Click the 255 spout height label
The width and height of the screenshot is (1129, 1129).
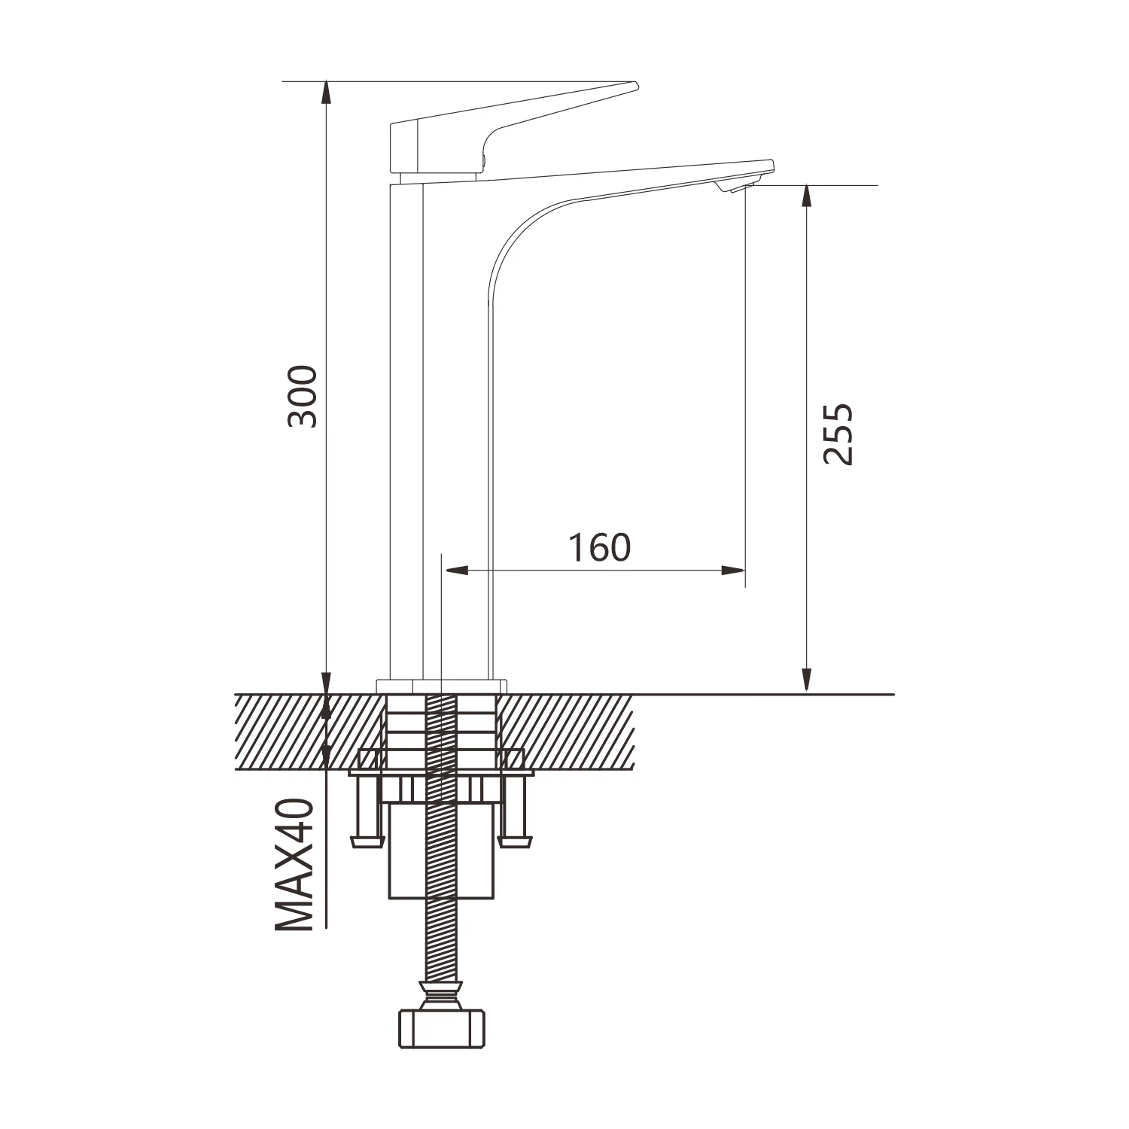coord(838,434)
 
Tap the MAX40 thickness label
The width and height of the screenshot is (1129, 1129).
coord(294,865)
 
